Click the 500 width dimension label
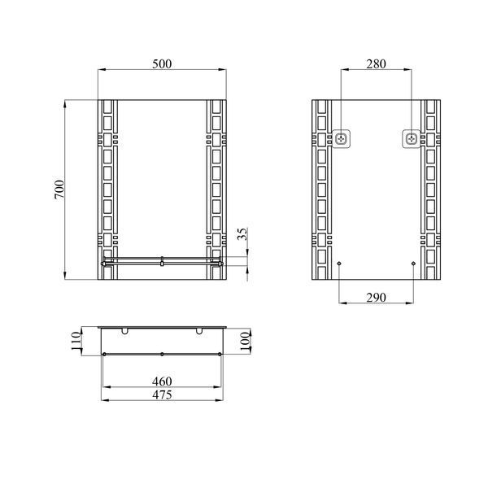162,63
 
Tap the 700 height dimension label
59,190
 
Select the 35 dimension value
243,233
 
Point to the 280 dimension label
376,63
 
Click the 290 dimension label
376,298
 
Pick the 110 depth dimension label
76,341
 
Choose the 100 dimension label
246,342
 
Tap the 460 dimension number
162,381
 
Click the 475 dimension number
162,395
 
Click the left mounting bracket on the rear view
342,139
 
